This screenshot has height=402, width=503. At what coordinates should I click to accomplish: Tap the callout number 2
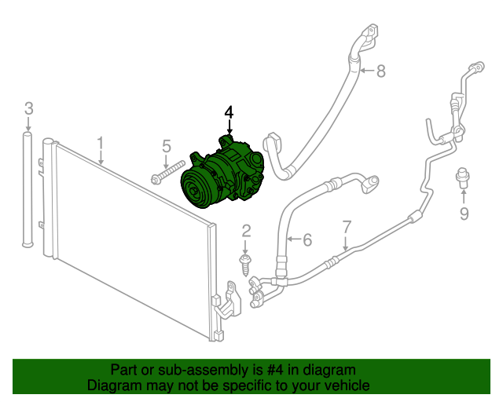(x=246, y=231)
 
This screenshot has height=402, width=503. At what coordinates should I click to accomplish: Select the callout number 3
(x=29, y=108)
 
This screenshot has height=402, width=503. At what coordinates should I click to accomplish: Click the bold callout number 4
(x=229, y=112)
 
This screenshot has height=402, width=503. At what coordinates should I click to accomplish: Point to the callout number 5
(x=167, y=146)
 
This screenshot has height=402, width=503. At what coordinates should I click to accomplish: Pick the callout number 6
(x=307, y=239)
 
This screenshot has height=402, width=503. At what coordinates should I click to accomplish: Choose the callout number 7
(x=347, y=227)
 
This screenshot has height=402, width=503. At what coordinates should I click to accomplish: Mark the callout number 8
(x=380, y=71)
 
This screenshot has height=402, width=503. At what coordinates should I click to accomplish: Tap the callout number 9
(x=464, y=214)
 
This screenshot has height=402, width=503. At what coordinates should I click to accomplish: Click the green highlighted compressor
(x=222, y=173)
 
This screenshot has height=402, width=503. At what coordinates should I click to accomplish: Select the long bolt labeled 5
(x=167, y=173)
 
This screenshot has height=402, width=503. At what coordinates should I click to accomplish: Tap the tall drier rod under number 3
(x=28, y=189)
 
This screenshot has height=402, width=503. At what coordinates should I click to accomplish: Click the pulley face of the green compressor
(x=195, y=190)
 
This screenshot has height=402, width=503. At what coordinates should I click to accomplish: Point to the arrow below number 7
(x=346, y=243)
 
